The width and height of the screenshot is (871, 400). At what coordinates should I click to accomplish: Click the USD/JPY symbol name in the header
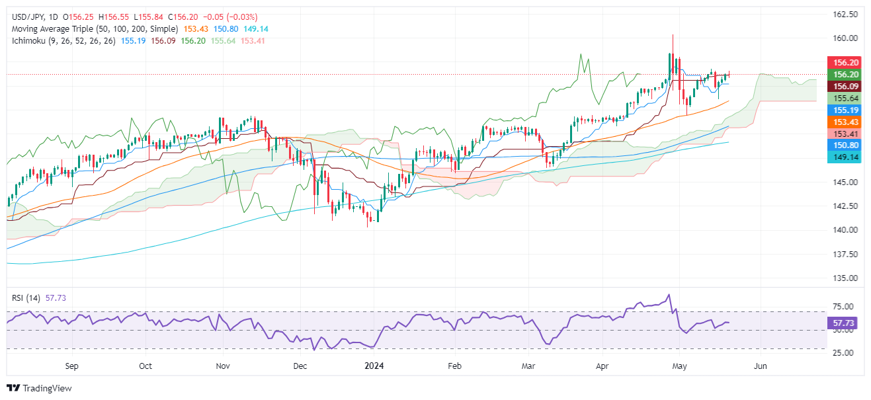pyautogui.click(x=24, y=17)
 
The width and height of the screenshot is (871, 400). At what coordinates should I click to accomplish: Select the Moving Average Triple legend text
pyautogui.click(x=93, y=29)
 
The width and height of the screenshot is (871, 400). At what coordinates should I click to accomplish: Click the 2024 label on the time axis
pyautogui.click(x=375, y=365)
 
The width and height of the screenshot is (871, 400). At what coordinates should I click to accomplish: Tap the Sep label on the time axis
pyautogui.click(x=72, y=365)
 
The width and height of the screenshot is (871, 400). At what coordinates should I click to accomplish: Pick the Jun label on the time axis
pyautogui.click(x=761, y=365)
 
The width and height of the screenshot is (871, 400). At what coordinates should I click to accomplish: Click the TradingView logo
pyautogui.click(x=39, y=388)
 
